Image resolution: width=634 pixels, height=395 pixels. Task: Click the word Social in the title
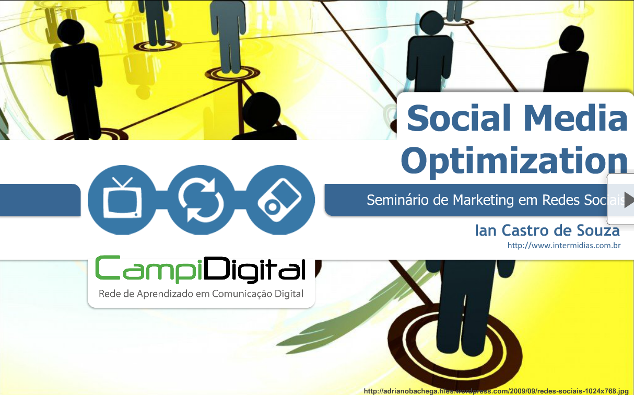point(459,118)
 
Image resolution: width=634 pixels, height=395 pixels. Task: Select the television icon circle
point(122,200)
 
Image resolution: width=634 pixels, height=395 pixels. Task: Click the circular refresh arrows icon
point(201,200)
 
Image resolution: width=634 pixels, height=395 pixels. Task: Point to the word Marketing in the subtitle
point(484,201)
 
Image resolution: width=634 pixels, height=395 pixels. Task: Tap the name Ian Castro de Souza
point(547,230)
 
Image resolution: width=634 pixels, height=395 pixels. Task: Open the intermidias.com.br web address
point(564,245)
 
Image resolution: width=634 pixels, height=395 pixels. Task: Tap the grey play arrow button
point(629,200)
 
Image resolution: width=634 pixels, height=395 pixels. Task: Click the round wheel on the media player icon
point(272,207)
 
